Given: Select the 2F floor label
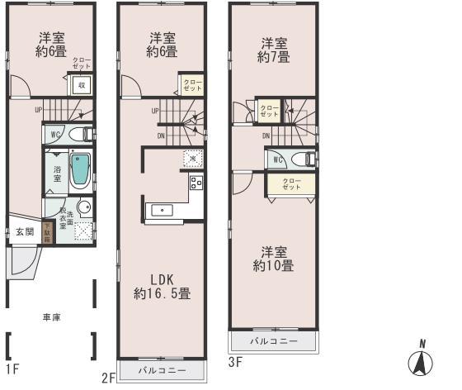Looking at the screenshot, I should click(108, 378).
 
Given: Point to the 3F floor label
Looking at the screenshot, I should click(236, 361).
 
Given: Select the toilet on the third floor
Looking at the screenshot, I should click(302, 159).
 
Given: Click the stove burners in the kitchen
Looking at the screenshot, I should click(196, 183).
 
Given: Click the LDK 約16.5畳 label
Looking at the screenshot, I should click(163, 286).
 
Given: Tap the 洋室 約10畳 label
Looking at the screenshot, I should click(273, 259).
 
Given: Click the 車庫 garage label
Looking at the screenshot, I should click(51, 316).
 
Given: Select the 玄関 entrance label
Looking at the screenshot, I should click(24, 232).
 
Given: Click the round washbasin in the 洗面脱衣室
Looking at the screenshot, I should click(84, 207).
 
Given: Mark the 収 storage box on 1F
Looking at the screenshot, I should click(82, 85).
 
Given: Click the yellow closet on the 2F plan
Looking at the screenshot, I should click(191, 84).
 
